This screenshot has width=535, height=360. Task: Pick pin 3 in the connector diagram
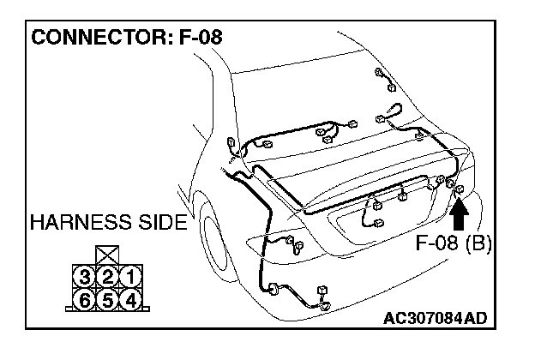click(84, 276)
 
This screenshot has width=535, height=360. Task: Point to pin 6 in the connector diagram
click(84, 299)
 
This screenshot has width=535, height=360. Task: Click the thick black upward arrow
click(458, 213)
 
